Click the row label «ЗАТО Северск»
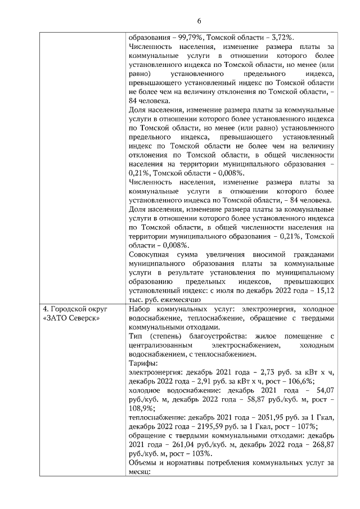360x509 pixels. (x=71, y=319)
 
